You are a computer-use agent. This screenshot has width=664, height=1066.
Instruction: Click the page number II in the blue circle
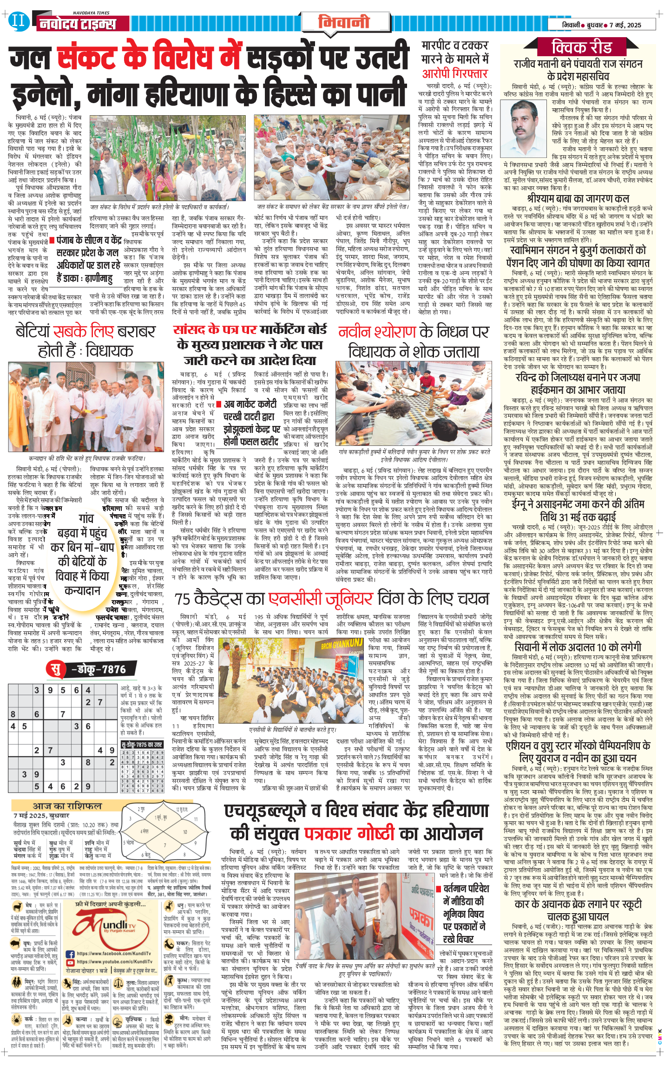click(19, 20)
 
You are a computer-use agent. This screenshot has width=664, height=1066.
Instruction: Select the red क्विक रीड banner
click(582, 47)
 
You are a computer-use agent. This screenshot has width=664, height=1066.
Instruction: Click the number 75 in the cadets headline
click(184, 599)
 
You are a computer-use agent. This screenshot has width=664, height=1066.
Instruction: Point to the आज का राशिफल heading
click(67, 806)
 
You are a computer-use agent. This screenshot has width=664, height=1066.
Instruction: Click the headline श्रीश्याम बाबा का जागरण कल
click(578, 199)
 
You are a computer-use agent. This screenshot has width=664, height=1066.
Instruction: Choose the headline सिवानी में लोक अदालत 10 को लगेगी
click(578, 647)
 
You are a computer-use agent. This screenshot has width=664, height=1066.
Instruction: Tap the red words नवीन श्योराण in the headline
click(377, 332)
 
